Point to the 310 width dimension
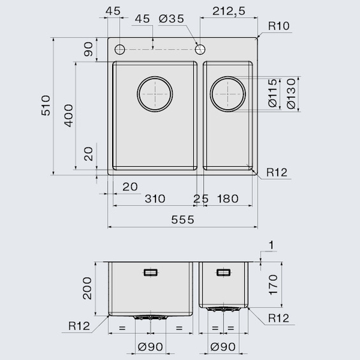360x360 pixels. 154,199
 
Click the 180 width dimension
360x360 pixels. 227,199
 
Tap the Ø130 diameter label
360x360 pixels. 291,94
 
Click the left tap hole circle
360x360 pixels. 119,48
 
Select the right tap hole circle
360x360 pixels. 200,48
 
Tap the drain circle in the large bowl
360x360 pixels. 154,93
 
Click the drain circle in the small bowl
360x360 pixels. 228,94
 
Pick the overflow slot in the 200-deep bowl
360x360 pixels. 151,272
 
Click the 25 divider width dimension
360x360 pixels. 200,199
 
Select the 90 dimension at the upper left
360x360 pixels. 88,48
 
